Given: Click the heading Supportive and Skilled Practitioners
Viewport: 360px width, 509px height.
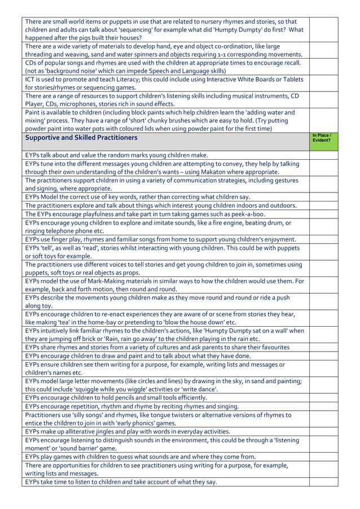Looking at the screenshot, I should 81,138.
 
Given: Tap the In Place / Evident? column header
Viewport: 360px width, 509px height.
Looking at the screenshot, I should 322,138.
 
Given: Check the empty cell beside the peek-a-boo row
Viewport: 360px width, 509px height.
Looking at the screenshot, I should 322,214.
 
